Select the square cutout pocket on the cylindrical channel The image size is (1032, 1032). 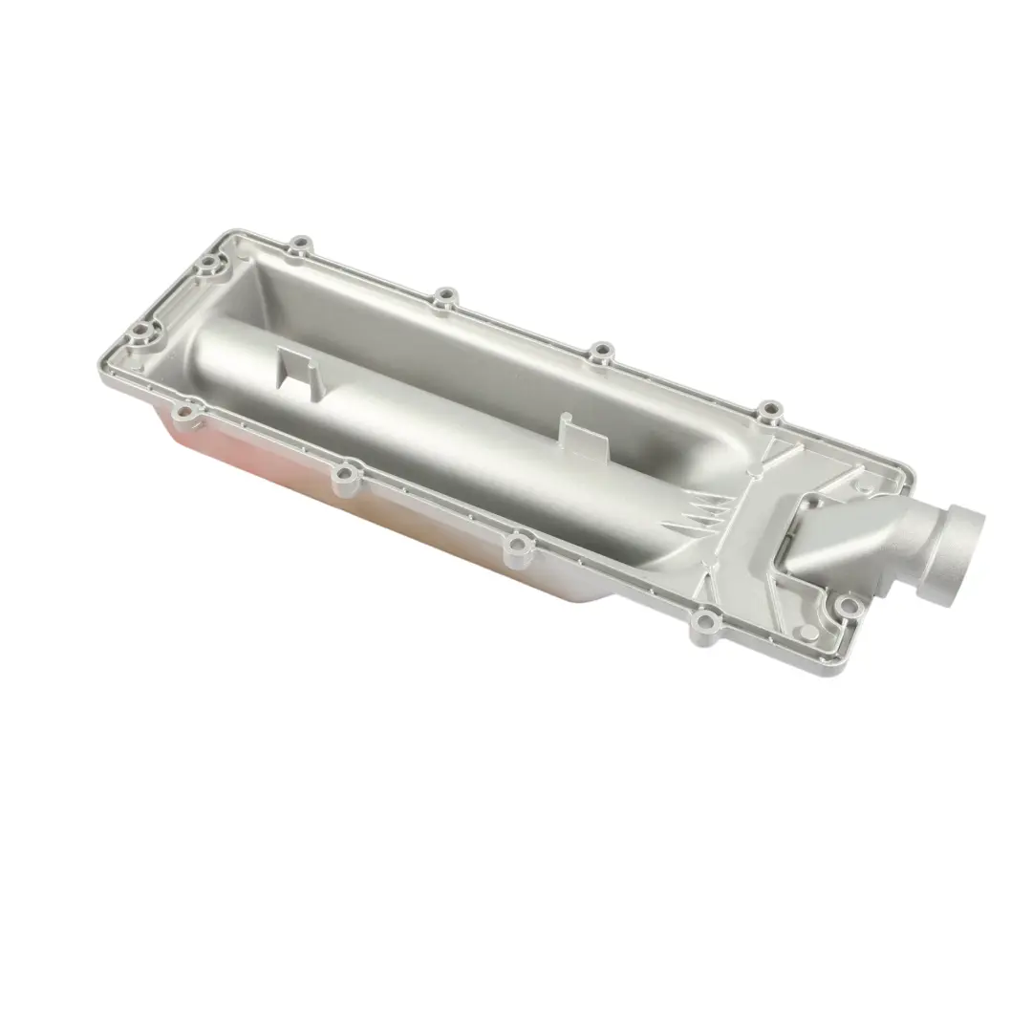pyautogui.click(x=296, y=368)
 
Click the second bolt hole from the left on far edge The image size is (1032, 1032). pyautogui.click(x=441, y=299)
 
